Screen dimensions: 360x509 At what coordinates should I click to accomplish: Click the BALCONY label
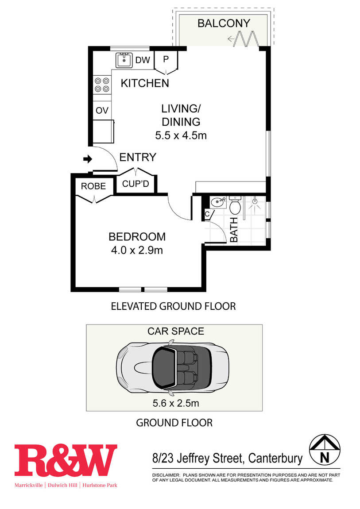224,23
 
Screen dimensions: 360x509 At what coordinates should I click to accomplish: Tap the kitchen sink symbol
124,60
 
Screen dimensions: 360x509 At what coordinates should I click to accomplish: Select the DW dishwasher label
143,60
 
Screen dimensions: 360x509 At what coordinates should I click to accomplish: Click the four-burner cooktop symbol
102,85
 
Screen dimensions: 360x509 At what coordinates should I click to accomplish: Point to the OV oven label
102,110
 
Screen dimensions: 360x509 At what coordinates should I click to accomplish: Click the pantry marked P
166,62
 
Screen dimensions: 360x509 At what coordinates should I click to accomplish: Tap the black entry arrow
88,159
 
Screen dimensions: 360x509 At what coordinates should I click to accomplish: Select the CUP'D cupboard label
135,184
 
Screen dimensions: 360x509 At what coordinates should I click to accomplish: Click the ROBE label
93,186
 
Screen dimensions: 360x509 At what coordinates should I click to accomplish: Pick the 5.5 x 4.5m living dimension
181,135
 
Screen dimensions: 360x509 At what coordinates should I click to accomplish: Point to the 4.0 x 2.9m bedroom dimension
137,250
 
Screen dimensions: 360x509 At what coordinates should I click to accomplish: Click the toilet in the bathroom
235,204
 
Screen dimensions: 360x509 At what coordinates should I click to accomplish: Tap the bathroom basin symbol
218,202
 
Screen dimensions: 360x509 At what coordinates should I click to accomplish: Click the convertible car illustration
173,367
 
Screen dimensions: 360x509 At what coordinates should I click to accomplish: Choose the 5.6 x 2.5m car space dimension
176,403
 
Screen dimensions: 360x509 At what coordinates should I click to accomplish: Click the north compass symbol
325,450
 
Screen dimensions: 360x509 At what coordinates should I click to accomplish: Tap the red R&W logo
66,460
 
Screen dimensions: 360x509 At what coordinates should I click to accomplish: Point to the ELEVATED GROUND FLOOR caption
173,306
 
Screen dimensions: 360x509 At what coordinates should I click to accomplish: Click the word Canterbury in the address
275,459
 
